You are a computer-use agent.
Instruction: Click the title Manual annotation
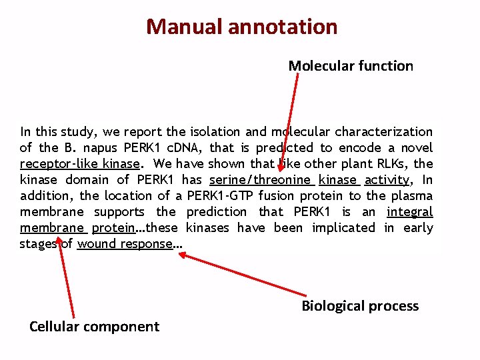coord(241,27)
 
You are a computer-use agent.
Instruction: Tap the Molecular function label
coord(351,66)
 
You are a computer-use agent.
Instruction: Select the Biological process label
coord(360,306)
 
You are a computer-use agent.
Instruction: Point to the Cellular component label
coord(94,326)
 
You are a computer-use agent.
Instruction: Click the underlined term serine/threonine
coord(260,180)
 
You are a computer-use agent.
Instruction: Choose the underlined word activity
coord(387,180)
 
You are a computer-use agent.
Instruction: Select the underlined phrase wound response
coord(125,244)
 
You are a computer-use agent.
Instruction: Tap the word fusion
coord(276,196)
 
